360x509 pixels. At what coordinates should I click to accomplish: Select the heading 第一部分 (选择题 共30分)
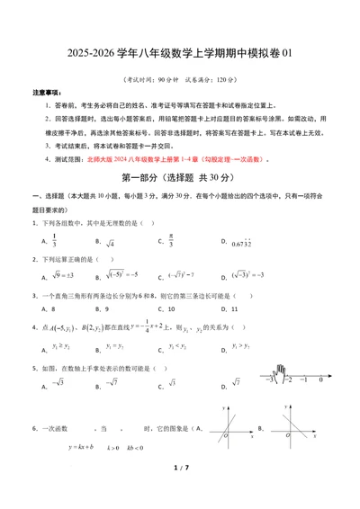tap(180, 178)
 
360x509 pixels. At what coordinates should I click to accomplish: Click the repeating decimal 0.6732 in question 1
tap(244, 242)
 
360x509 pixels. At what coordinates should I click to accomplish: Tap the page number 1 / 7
tap(180, 492)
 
